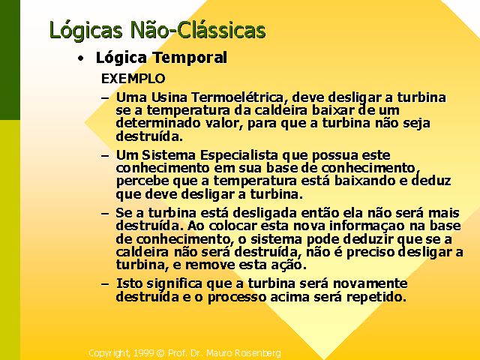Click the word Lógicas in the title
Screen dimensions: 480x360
(x=85, y=31)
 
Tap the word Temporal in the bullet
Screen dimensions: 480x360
(x=190, y=57)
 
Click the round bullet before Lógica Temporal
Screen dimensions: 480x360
(x=80, y=58)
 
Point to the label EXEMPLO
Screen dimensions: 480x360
(x=133, y=79)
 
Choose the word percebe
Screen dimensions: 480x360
(x=142, y=181)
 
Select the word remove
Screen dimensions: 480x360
(x=210, y=265)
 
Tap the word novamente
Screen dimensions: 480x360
(x=370, y=283)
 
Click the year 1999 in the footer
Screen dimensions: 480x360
(x=143, y=353)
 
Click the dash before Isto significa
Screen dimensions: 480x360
(x=105, y=283)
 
